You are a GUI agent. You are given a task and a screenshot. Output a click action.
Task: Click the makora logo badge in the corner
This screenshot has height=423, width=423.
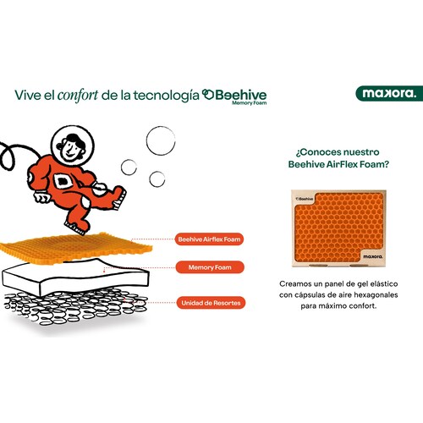point(389,93)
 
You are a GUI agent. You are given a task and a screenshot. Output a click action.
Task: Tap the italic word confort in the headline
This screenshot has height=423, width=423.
point(78,95)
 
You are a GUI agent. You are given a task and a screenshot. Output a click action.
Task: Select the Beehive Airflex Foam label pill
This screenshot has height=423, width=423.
point(209,239)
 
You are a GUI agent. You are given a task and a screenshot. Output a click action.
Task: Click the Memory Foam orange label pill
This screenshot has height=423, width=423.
point(210,267)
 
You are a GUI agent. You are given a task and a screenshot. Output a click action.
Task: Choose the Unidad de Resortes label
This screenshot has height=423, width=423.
point(211,303)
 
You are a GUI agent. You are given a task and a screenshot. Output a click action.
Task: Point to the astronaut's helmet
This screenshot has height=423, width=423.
point(73,146)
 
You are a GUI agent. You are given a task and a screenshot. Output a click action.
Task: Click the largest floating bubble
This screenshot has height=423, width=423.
point(161,140)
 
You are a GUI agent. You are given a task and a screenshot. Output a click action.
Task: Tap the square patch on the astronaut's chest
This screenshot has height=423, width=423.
point(63,181)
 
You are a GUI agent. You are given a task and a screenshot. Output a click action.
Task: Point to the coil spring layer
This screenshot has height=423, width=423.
point(76,306)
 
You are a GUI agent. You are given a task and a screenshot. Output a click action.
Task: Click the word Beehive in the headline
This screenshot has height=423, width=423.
point(241,95)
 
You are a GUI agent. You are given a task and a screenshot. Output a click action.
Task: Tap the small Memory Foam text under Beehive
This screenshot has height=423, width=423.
point(250,103)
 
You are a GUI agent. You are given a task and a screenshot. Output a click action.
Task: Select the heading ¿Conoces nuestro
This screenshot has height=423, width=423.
point(338,152)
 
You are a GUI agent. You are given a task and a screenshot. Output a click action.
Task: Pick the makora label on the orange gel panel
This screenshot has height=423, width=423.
point(373,256)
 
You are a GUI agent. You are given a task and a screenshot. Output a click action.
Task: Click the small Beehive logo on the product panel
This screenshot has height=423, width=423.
point(305,199)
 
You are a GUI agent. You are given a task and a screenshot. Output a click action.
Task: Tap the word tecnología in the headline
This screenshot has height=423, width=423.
point(167,96)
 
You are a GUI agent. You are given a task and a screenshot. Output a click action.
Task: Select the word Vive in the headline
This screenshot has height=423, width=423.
point(28,95)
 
